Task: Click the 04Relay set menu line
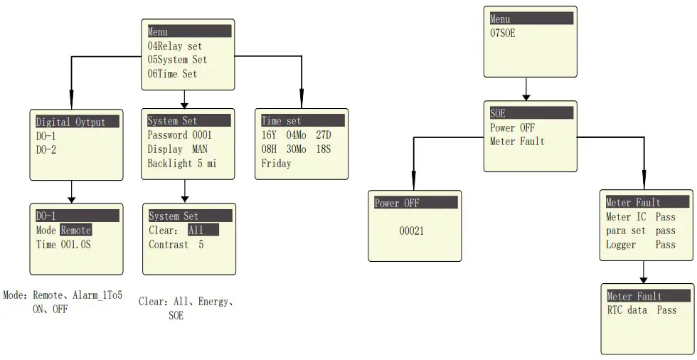click(x=174, y=46)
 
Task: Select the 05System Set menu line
click(x=177, y=60)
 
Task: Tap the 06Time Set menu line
click(x=172, y=73)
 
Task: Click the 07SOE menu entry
click(x=503, y=33)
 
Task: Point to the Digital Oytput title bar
click(x=70, y=122)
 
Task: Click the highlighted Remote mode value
click(x=76, y=231)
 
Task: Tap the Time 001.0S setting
click(x=64, y=244)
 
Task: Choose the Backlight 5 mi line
click(x=181, y=163)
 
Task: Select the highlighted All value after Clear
click(x=198, y=231)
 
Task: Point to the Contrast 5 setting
click(x=176, y=245)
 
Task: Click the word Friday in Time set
click(x=276, y=163)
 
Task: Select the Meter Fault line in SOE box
click(x=517, y=142)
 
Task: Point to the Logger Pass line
click(x=641, y=245)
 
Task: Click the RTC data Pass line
click(x=642, y=310)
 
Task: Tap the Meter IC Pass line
click(x=641, y=217)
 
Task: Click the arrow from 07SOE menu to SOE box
click(x=526, y=89)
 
